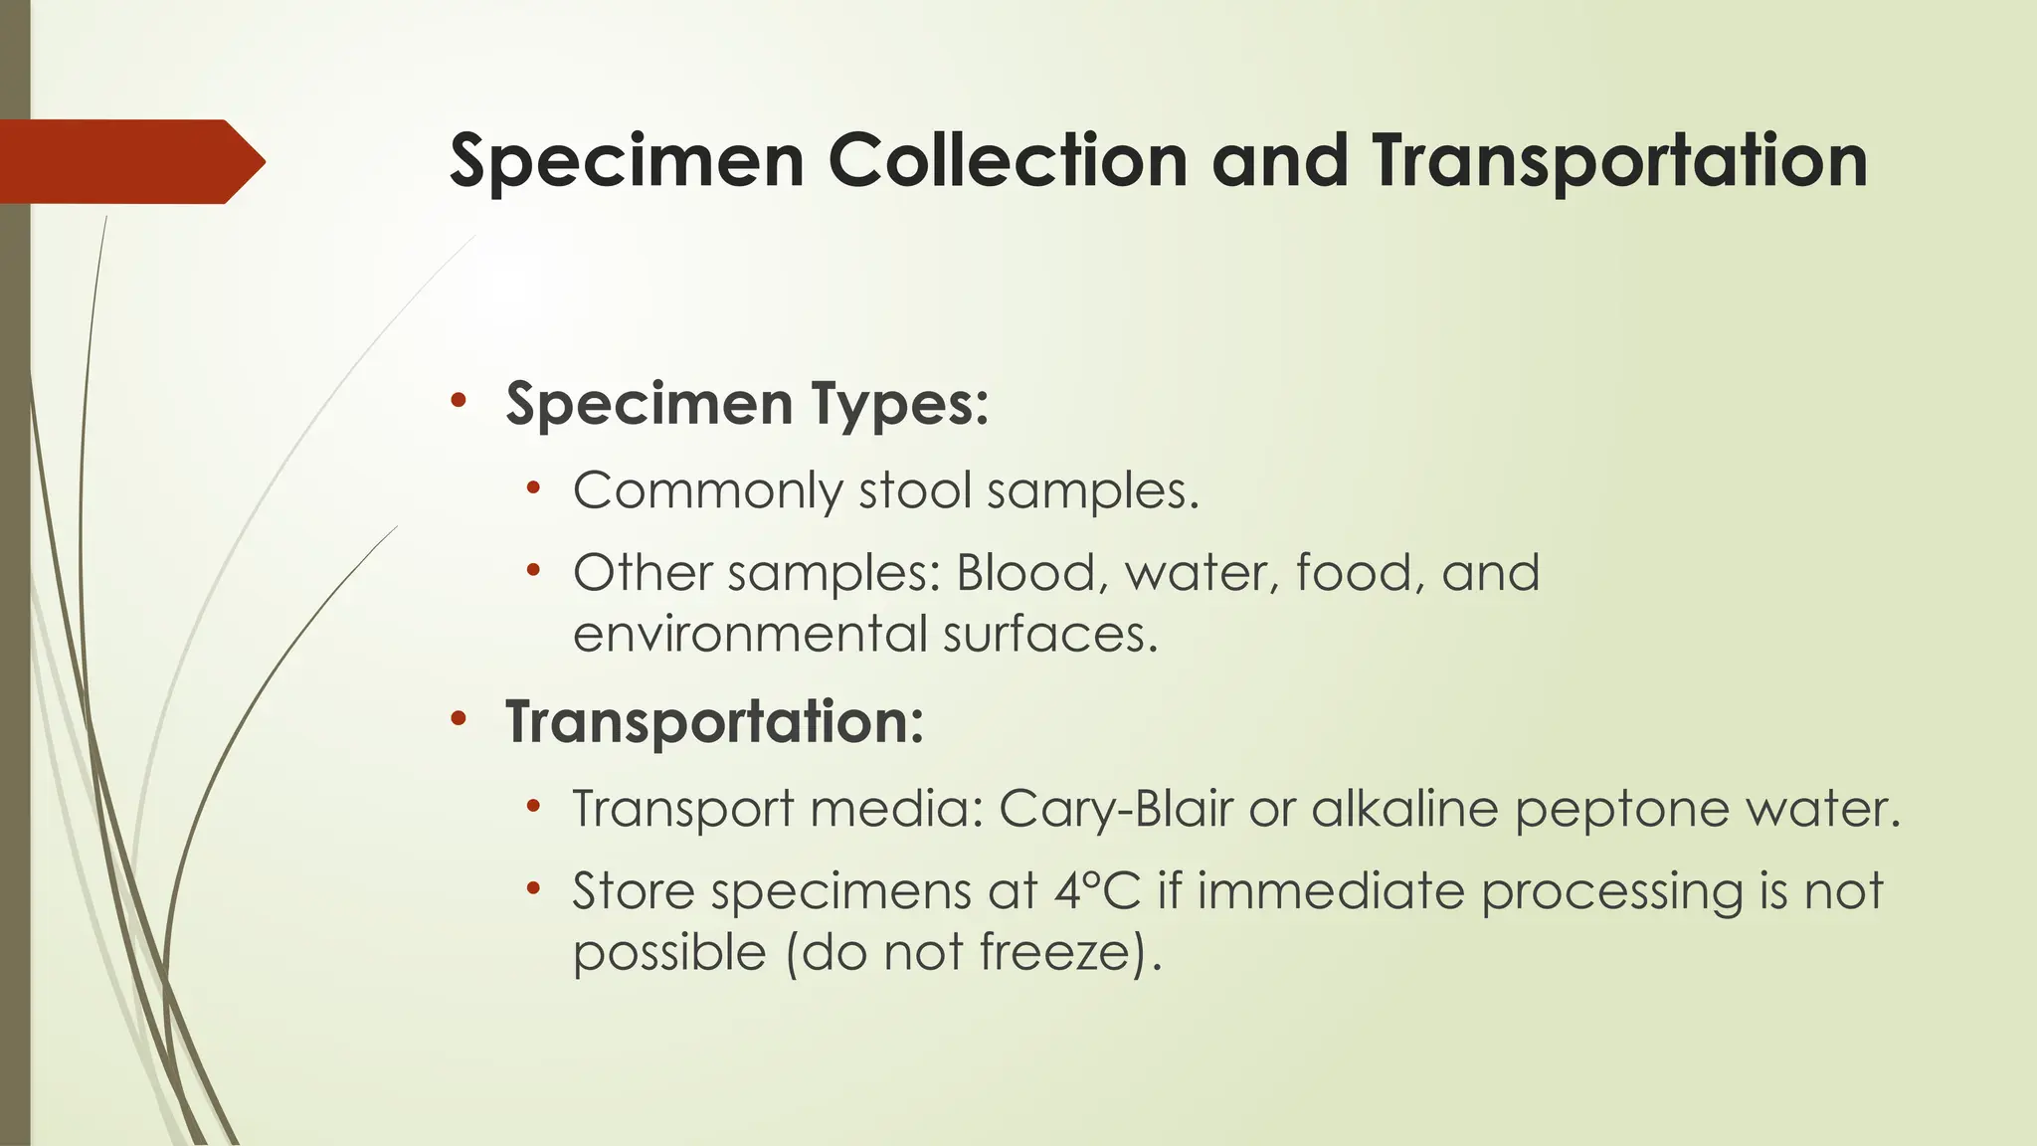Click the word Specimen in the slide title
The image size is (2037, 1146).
click(x=627, y=162)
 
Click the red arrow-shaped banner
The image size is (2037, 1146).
click(x=129, y=161)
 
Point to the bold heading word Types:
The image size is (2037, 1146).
click(x=900, y=406)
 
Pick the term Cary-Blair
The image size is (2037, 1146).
click(x=1115, y=809)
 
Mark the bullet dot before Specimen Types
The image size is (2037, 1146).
click(x=458, y=402)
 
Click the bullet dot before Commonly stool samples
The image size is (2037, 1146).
click(x=534, y=488)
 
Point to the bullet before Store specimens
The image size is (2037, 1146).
click(x=534, y=888)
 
